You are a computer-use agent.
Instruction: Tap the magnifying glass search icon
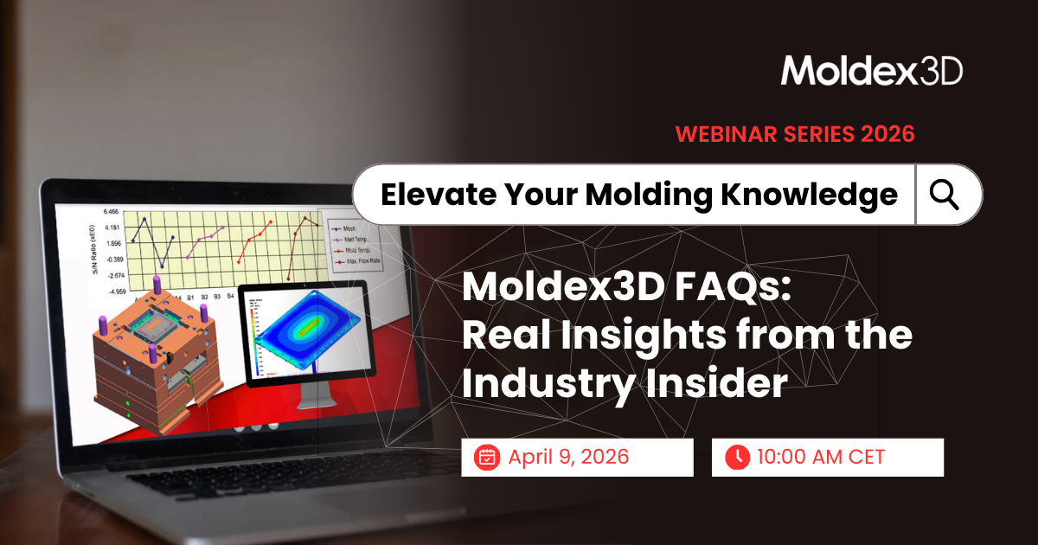click(x=945, y=196)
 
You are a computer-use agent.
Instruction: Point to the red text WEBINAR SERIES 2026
click(x=794, y=134)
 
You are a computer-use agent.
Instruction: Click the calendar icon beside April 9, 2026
click(x=487, y=457)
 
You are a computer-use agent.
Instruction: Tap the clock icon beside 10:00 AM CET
click(x=737, y=457)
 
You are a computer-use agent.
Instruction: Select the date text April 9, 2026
click(x=568, y=457)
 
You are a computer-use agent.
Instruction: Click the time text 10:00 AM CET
click(x=820, y=457)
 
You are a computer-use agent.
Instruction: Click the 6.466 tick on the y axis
click(x=112, y=211)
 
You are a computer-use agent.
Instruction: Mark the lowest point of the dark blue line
click(x=162, y=266)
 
